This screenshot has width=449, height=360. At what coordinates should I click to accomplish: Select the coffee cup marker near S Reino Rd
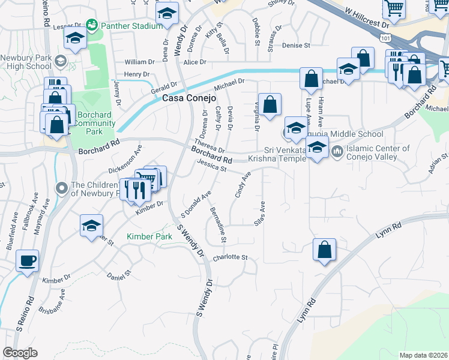27,262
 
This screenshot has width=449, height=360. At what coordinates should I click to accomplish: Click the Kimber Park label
149,237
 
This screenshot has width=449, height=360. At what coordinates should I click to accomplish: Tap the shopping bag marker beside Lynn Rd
324,250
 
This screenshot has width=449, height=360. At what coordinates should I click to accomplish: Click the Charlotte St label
231,257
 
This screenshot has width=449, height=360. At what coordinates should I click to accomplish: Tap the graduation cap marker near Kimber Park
91,226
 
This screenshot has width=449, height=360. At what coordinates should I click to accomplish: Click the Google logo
20,352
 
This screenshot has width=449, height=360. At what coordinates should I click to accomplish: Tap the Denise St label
296,45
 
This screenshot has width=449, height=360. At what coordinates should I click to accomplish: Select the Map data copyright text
423,355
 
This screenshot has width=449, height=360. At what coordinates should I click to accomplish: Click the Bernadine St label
217,226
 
